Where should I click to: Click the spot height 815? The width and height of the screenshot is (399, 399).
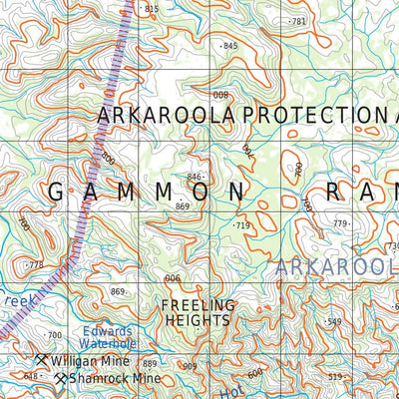[x=151, y=9]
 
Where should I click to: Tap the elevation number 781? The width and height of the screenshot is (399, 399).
[x=296, y=21]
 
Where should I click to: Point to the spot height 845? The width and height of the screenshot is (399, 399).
[x=229, y=46]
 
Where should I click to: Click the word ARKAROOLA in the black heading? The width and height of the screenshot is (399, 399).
[x=166, y=116]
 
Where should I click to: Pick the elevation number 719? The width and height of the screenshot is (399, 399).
[x=241, y=226]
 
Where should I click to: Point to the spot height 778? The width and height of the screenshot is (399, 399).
[x=36, y=265]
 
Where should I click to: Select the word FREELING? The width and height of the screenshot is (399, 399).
[x=199, y=304]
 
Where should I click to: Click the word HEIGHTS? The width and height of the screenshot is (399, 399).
[x=199, y=320]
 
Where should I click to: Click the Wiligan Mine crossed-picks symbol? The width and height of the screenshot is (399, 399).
[x=41, y=359]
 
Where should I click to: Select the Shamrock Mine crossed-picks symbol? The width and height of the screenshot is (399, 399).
[x=61, y=379]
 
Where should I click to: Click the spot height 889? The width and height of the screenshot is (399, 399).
[x=150, y=364]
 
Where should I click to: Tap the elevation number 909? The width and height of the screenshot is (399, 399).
[x=190, y=367]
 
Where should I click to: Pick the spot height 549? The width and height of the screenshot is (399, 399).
[x=333, y=321]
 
